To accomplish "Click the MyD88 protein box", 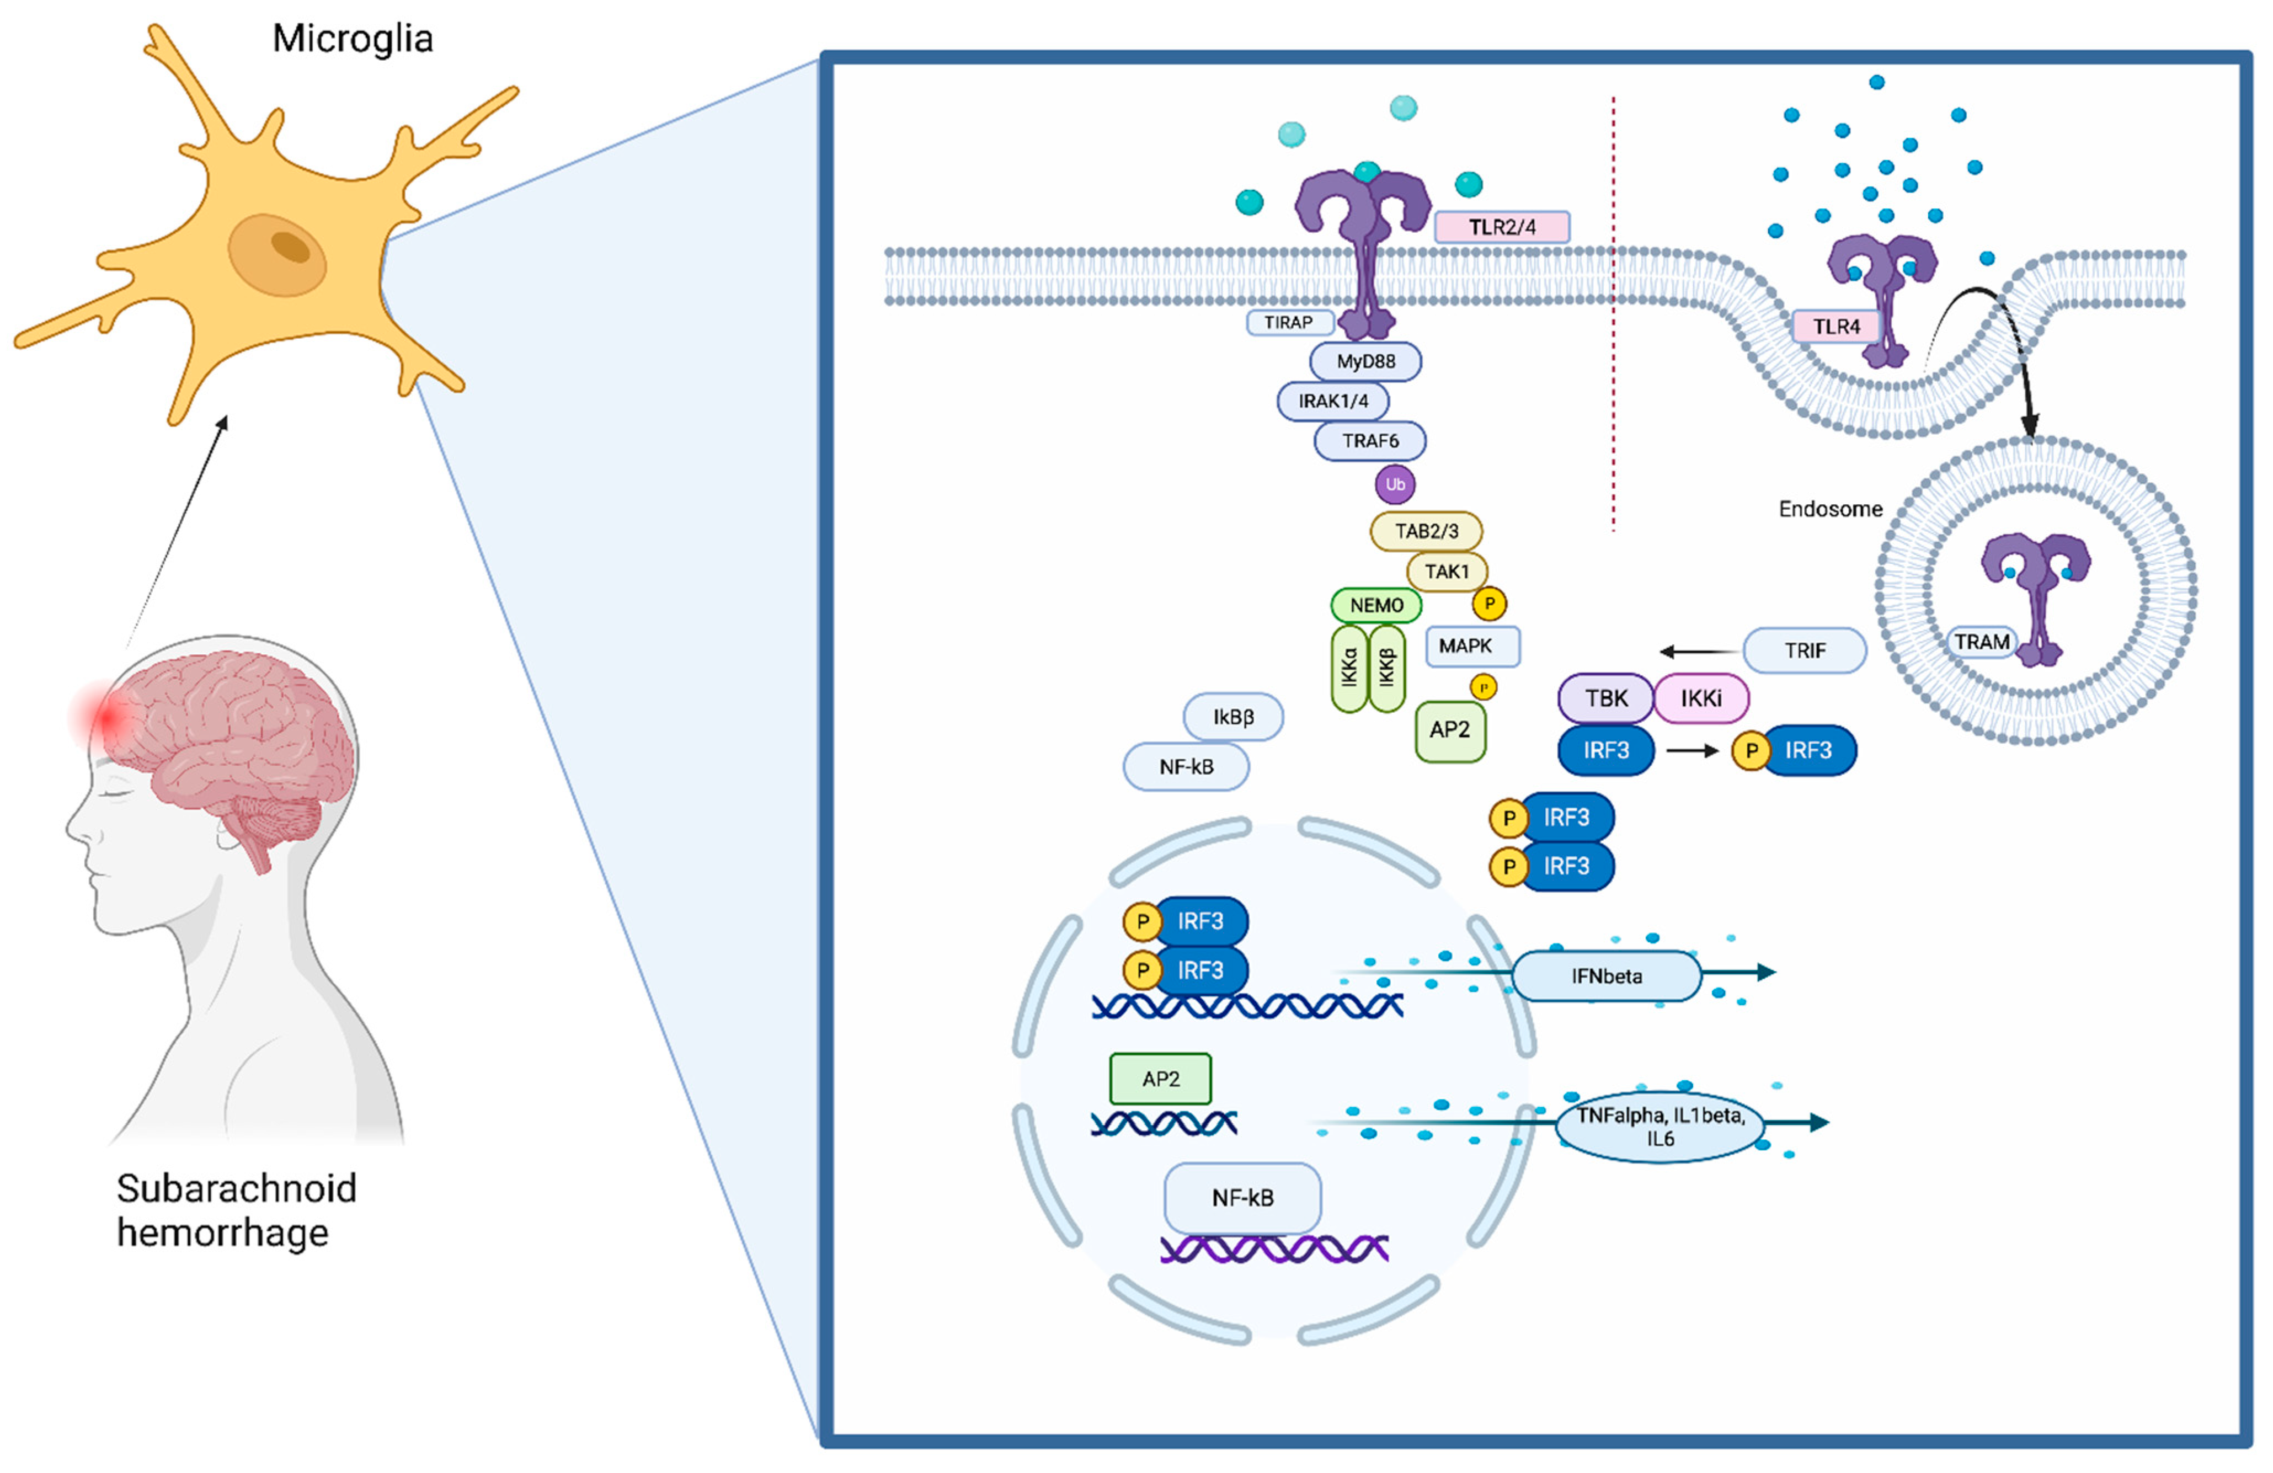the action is coord(1365,361).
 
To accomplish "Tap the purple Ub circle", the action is coord(1395,484).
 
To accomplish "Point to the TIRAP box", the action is coord(1289,322).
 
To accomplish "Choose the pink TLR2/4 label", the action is coord(1501,226).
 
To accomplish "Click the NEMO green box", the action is coord(1376,605).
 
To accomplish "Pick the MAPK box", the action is coord(1472,646).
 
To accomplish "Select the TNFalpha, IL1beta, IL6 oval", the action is coord(1660,1126).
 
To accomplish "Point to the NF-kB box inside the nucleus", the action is coord(1242,1198).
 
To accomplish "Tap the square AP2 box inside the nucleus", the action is coord(1160,1079).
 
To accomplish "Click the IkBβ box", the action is coord(1233,717).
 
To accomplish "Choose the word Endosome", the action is coord(1830,509).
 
